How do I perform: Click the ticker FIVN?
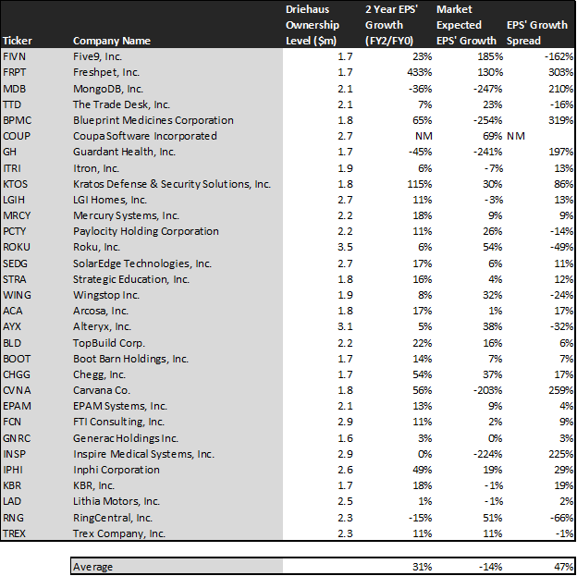[x=14, y=56]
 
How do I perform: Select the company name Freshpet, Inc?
[x=106, y=72]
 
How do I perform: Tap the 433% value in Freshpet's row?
[x=419, y=72]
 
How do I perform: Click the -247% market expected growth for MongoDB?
[x=487, y=89]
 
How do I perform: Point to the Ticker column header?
[x=18, y=41]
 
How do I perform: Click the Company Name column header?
[x=112, y=41]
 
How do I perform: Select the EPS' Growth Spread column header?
[x=537, y=32]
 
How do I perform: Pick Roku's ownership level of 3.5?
[x=345, y=247]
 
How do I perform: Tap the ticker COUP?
[x=17, y=136]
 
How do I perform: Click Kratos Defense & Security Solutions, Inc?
[x=172, y=184]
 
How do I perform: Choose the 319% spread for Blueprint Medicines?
[x=560, y=120]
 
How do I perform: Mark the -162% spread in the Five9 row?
[x=559, y=56]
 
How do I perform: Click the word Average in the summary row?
[x=92, y=567]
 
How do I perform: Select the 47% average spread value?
[x=563, y=567]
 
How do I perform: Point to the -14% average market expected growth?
[x=491, y=567]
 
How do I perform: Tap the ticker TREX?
[x=14, y=533]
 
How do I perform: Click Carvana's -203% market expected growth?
[x=487, y=390]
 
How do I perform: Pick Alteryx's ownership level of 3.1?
[x=345, y=326]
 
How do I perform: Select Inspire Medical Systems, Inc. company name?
[x=143, y=454]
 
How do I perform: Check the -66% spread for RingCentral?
[x=561, y=518]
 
